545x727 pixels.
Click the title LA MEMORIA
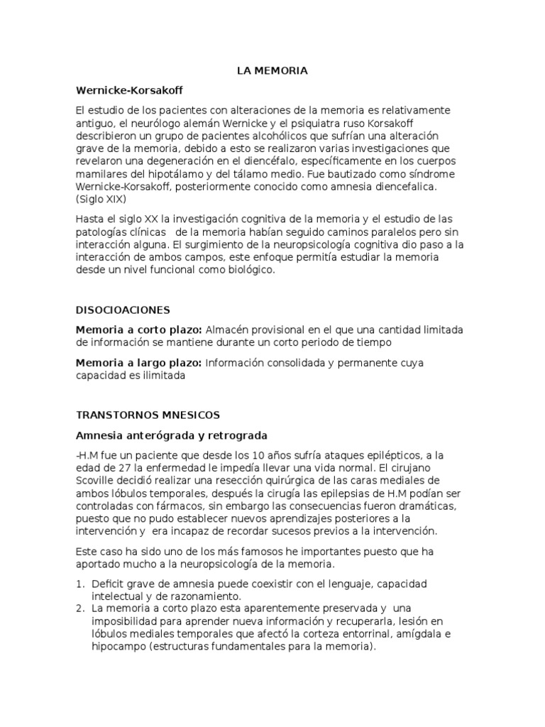coord(272,71)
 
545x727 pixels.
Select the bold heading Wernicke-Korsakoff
coord(133,91)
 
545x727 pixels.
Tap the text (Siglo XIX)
coord(100,199)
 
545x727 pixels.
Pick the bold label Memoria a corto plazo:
coord(139,330)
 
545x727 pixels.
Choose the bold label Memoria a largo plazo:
coord(139,363)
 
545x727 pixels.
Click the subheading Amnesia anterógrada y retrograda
coord(171,434)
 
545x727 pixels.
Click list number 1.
coord(79,584)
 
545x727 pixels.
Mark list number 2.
coord(79,608)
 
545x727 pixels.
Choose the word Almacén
coord(226,330)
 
